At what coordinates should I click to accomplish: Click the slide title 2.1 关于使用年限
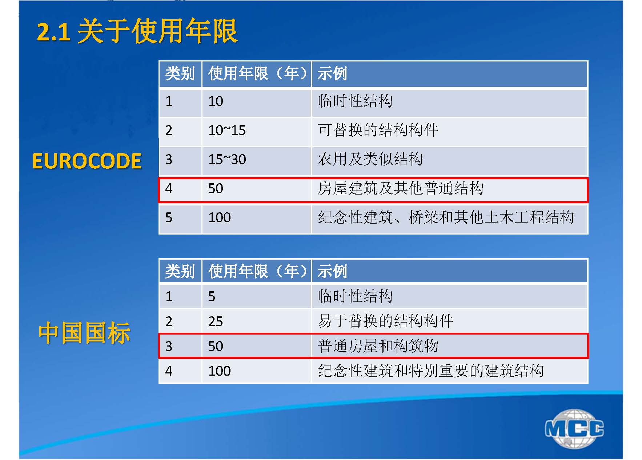click(x=137, y=31)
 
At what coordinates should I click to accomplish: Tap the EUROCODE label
click(x=87, y=161)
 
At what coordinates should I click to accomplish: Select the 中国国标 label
click(x=84, y=333)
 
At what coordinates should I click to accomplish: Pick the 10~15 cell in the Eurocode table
click(x=227, y=130)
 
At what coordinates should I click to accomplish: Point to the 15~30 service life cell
click(x=227, y=159)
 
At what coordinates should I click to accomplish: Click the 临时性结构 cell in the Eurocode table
click(x=355, y=101)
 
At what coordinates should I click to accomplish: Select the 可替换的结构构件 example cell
click(x=378, y=130)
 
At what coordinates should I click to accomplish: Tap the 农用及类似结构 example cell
click(x=370, y=159)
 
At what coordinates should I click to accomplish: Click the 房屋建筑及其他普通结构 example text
click(x=401, y=188)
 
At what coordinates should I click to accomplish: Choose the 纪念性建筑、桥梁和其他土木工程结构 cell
click(x=446, y=217)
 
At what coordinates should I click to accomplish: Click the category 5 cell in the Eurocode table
click(x=169, y=217)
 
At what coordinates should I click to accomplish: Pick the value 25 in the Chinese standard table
click(x=215, y=321)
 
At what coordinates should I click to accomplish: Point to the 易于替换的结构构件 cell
click(x=386, y=321)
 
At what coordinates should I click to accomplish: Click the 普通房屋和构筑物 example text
click(x=378, y=346)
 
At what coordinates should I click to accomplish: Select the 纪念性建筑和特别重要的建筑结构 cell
click(x=431, y=371)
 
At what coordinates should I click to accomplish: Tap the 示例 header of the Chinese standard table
click(x=332, y=271)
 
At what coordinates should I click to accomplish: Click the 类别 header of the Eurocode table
click(x=180, y=73)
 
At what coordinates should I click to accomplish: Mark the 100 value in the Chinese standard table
click(x=219, y=371)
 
